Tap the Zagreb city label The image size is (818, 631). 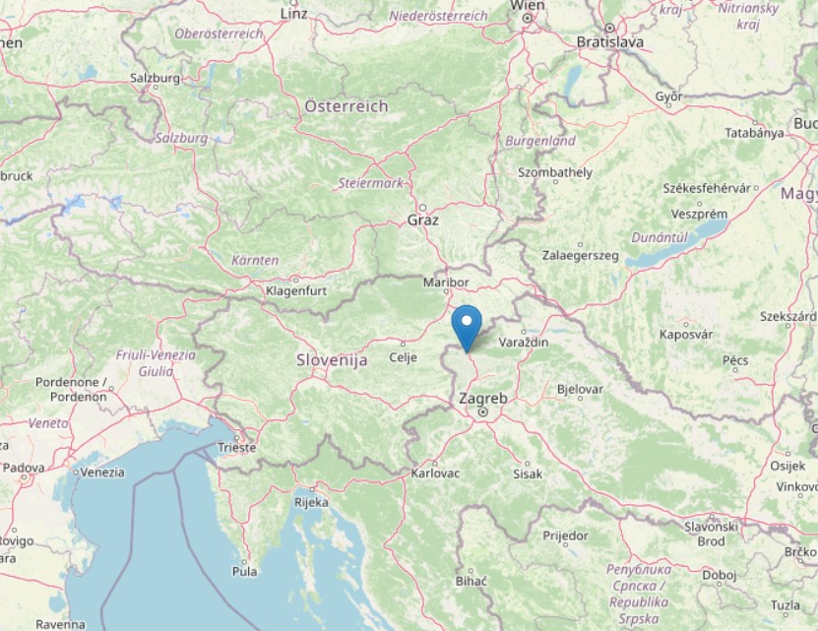pos(482,399)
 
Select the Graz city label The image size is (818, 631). pos(423,221)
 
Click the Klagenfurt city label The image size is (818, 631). pos(295,291)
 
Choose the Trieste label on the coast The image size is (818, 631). pos(236,447)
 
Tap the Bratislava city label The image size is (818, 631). pos(610,42)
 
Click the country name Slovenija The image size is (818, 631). pos(332,360)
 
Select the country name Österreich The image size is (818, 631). pos(346,105)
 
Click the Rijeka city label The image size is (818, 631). pos(311,502)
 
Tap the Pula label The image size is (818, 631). pos(243,571)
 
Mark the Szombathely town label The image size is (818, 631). pos(556,172)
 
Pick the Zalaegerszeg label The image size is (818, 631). pos(581,256)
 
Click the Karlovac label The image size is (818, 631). pos(435,473)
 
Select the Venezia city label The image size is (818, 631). pos(103,472)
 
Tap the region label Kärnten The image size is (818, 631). pos(255,260)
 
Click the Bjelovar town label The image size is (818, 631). pos(580,389)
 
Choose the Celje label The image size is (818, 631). pos(405,356)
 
